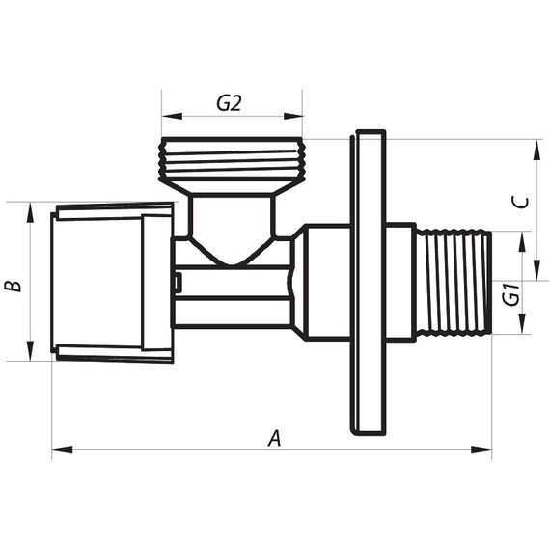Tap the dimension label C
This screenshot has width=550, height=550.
pyautogui.click(x=519, y=202)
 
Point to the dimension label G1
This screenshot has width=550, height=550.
pyautogui.click(x=512, y=294)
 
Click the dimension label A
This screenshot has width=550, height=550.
pyautogui.click(x=274, y=438)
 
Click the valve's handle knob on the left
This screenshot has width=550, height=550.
pyautogui.click(x=111, y=281)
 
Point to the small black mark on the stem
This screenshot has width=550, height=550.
pyautogui.click(x=178, y=282)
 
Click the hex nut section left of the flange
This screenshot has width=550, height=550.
pyautogui.click(x=321, y=282)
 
